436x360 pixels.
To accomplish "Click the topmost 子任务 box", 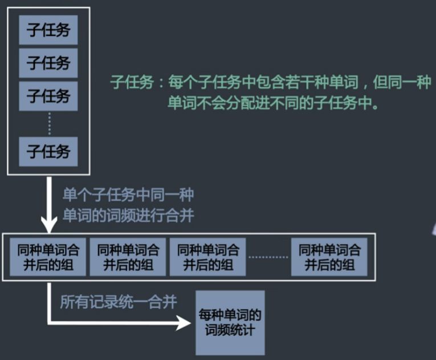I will pyautogui.click(x=48, y=30).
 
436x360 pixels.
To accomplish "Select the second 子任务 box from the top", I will pyautogui.click(x=48, y=63).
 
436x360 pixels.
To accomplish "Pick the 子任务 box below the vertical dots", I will pyautogui.click(x=48, y=151).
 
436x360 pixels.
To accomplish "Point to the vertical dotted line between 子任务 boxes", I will pyautogui.click(x=49, y=123).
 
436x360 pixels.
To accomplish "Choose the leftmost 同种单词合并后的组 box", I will pyautogui.click(x=48, y=257).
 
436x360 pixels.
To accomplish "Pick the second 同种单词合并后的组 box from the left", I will pyautogui.click(x=128, y=257).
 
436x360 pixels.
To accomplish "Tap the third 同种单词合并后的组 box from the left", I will pyautogui.click(x=208, y=257).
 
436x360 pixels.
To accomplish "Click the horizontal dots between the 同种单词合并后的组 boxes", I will pyautogui.click(x=268, y=257).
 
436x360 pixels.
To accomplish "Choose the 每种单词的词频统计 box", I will pyautogui.click(x=230, y=322).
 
